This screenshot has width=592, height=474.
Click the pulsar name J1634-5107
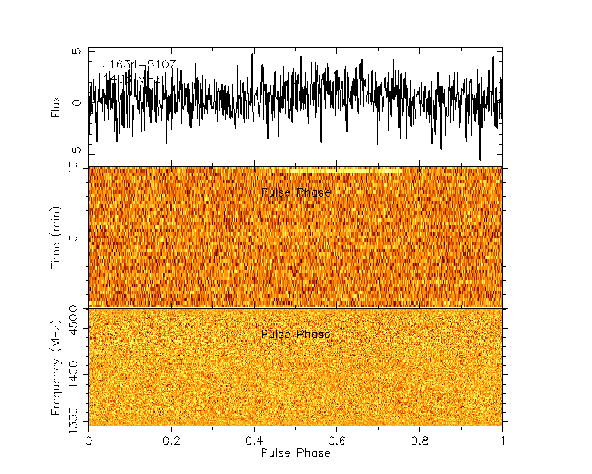(x=139, y=65)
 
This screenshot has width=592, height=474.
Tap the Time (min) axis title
(x=56, y=238)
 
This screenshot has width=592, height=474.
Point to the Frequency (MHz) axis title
(x=56, y=367)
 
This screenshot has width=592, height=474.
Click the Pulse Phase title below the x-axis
(x=295, y=452)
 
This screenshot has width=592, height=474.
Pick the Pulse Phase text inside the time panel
(x=295, y=192)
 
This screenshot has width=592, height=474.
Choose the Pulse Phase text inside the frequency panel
(x=295, y=335)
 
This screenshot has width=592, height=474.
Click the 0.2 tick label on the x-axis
(x=171, y=441)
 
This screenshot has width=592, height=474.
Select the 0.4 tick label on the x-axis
(x=254, y=441)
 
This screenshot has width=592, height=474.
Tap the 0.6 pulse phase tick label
(x=337, y=441)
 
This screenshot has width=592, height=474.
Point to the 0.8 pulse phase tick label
(x=420, y=441)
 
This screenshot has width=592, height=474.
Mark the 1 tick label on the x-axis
(x=502, y=441)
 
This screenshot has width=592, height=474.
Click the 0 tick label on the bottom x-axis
(x=88, y=441)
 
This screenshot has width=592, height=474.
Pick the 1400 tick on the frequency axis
(x=75, y=374)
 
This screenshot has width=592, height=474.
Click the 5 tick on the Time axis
(x=78, y=238)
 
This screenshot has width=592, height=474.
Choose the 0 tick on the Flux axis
(x=78, y=102)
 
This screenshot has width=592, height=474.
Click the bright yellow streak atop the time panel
(x=334, y=169)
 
